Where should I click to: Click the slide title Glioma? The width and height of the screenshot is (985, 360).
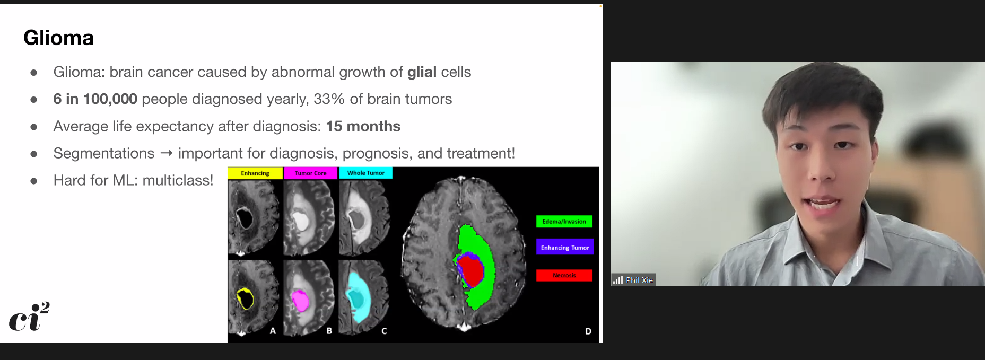[x=58, y=38]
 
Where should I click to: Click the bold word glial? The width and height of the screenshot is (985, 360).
[x=422, y=72]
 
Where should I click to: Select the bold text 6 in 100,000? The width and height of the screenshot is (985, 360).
[x=95, y=99]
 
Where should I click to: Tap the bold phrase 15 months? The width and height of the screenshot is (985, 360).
[x=363, y=126]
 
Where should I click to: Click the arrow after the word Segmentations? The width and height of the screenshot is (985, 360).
[x=166, y=153]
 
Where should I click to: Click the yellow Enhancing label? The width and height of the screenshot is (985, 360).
[x=255, y=173]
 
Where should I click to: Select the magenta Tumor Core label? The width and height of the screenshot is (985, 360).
[x=310, y=173]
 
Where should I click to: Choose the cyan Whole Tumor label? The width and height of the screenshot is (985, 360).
[x=365, y=173]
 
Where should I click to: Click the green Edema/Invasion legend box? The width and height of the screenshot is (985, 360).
[x=564, y=222]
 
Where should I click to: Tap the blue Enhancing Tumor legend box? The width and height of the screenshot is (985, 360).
[x=565, y=248]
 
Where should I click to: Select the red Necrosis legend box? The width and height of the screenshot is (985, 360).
[x=564, y=275]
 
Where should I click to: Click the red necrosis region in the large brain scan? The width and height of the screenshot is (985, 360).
[x=472, y=271]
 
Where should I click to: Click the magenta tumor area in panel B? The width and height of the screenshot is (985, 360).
[x=300, y=301]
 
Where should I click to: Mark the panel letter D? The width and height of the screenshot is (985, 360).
[x=588, y=331]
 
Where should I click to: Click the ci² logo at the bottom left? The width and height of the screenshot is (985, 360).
[x=29, y=317]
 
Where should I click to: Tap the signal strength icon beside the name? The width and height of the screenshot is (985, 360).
[x=618, y=280]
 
